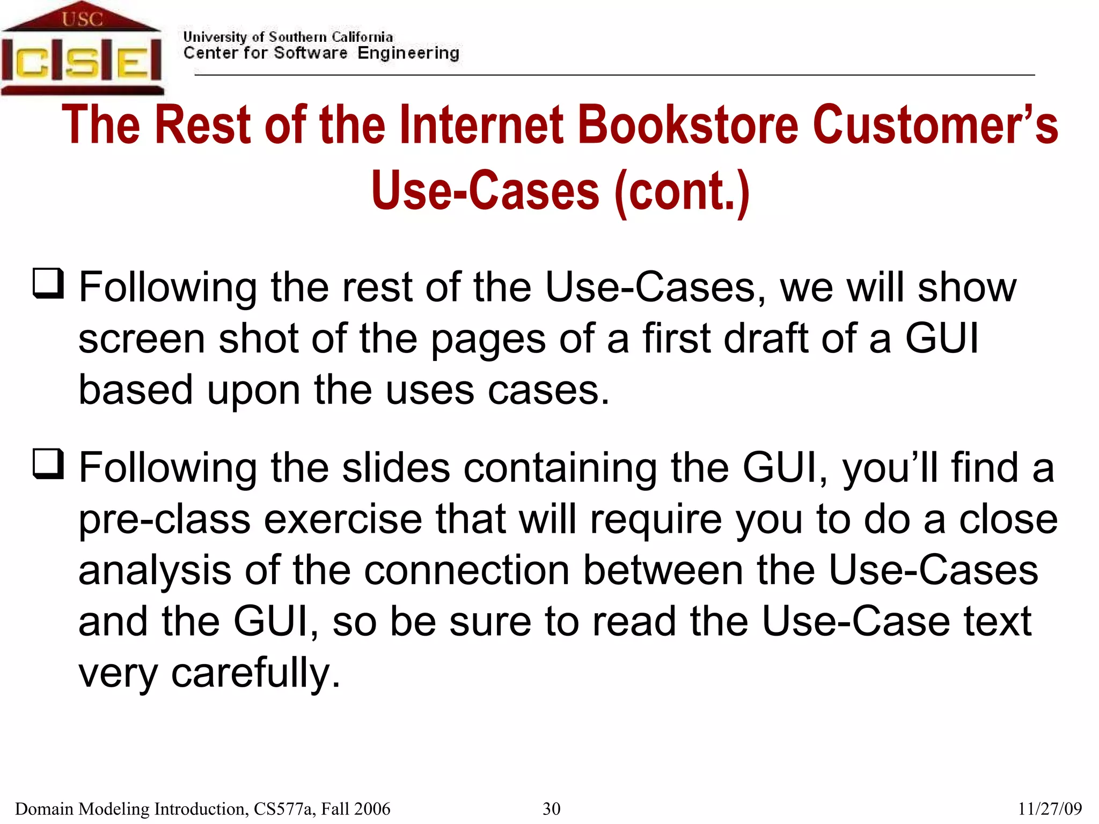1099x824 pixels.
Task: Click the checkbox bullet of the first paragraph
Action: pos(48,283)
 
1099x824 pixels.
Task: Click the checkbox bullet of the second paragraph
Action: pos(48,464)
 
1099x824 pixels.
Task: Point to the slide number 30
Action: pos(551,808)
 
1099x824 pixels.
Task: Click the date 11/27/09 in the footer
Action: pos(1050,808)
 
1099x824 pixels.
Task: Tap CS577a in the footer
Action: pos(284,808)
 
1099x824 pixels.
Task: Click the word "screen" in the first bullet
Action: pos(142,340)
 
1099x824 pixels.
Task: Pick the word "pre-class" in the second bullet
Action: pos(164,520)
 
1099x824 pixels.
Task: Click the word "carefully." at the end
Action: pos(255,673)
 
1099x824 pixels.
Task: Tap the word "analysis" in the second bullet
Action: pos(155,570)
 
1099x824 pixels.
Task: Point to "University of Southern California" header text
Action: pos(288,37)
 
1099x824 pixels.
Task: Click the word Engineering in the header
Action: pos(408,53)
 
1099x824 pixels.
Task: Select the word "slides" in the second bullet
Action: pos(396,467)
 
